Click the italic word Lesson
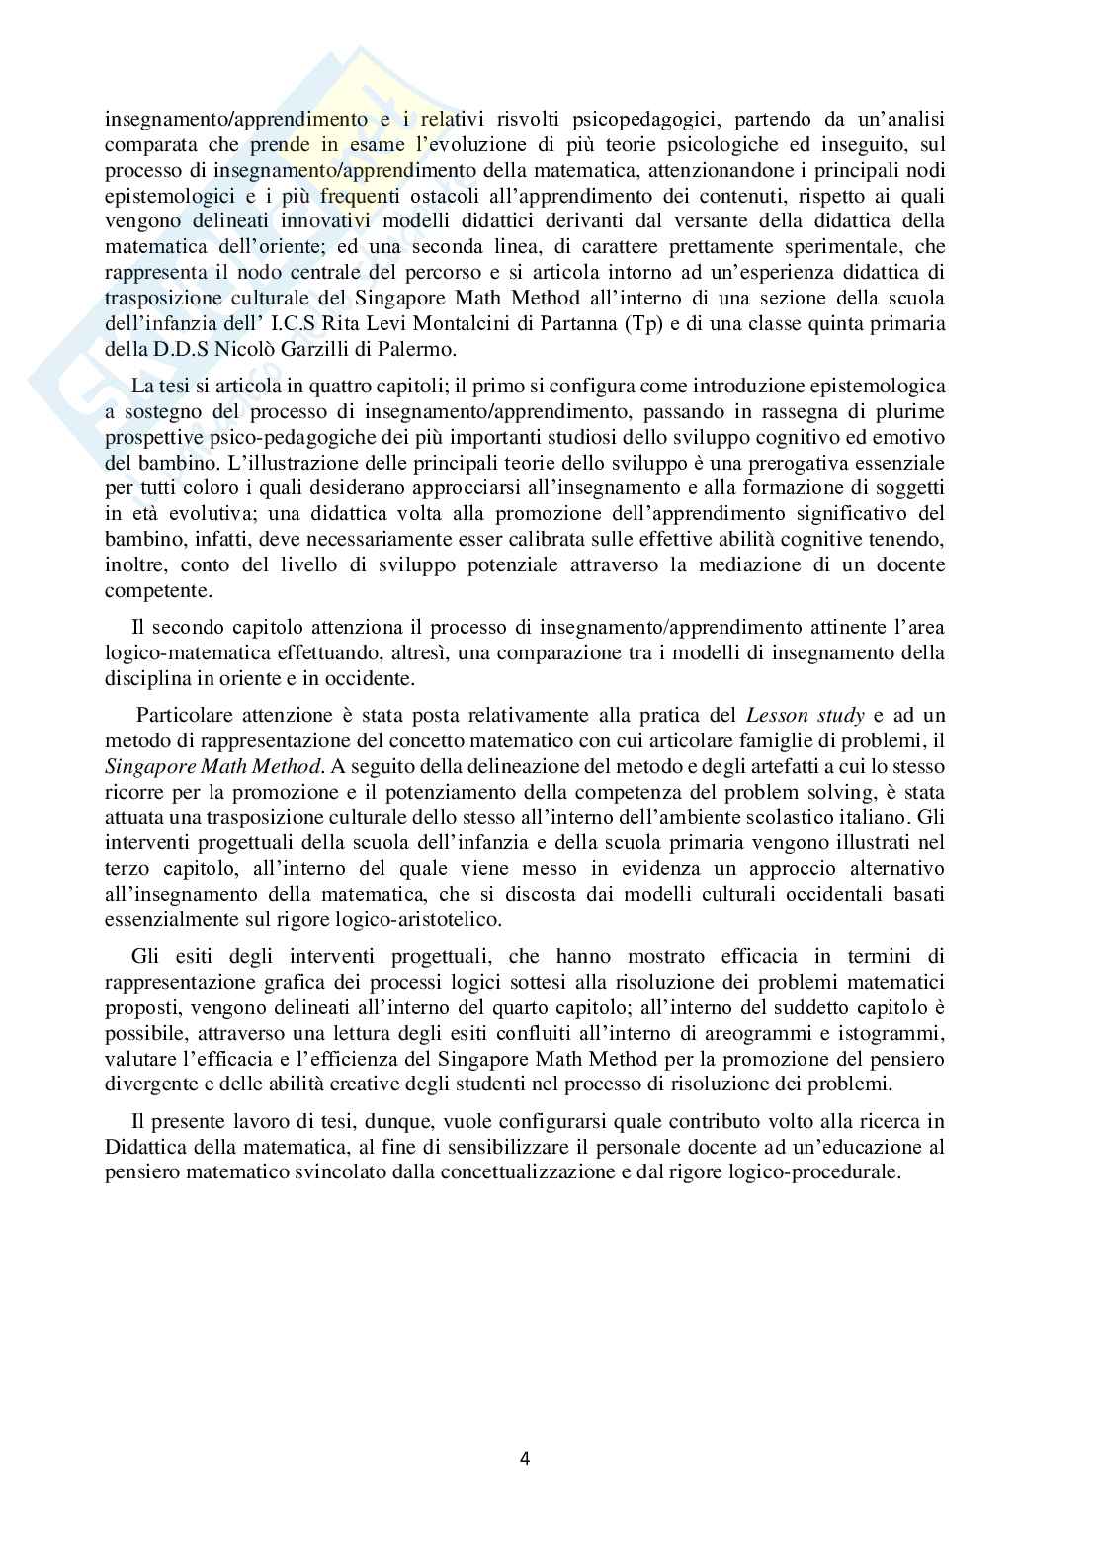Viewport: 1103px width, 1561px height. pyautogui.click(x=778, y=714)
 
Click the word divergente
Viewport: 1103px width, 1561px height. pyautogui.click(x=147, y=1084)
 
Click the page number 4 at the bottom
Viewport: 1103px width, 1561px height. pyautogui.click(x=525, y=1457)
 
